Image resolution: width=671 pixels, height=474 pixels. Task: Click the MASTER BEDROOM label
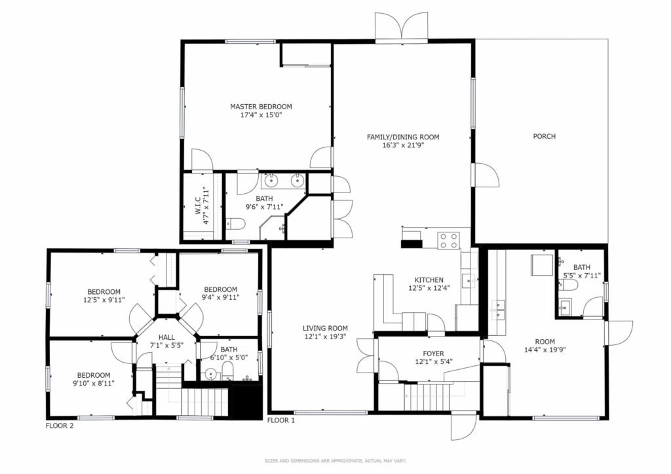[261, 107]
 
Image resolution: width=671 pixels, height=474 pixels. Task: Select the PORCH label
[545, 136]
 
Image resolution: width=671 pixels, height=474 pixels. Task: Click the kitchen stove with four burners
[448, 240]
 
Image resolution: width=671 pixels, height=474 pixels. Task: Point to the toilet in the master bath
[235, 223]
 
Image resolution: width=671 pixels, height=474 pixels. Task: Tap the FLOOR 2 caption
[60, 426]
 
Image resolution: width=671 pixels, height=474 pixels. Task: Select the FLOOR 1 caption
[280, 420]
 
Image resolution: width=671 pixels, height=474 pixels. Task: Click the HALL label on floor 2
[166, 337]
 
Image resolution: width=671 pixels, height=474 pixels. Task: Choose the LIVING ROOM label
[325, 328]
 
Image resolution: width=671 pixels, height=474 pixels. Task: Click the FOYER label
[433, 354]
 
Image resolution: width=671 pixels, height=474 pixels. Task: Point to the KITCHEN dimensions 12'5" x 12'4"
[429, 289]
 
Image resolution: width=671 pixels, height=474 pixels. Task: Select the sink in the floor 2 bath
[210, 374]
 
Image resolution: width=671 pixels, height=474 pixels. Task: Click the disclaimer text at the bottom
[335, 461]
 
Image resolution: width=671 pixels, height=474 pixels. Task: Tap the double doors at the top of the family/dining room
[401, 27]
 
